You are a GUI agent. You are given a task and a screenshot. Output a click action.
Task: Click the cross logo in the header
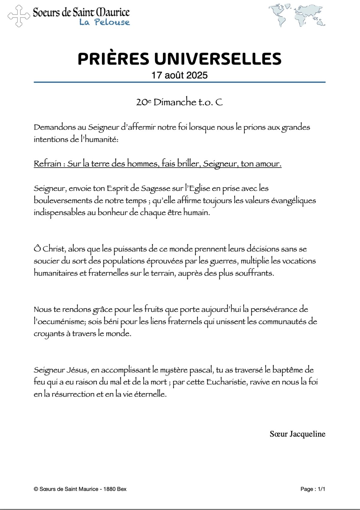[x=19, y=16]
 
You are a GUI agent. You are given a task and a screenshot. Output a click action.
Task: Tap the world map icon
[x=297, y=16]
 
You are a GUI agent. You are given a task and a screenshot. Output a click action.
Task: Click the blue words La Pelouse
[x=104, y=22]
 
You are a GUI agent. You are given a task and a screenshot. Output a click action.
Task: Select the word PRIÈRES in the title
[x=113, y=59]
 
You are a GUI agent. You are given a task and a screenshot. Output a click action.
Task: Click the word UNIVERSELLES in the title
[x=218, y=59]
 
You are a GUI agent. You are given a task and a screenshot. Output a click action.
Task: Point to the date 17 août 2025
[x=179, y=75]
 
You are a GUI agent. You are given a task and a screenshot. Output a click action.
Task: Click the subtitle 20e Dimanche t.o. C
[x=179, y=102]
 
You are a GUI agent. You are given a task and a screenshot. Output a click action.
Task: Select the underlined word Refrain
[x=48, y=164]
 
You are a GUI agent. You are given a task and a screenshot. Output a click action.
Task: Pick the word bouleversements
[x=65, y=201]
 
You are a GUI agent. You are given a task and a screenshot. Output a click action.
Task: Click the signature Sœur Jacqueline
[x=297, y=434]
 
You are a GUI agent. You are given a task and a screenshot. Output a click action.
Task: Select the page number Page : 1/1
[x=313, y=489]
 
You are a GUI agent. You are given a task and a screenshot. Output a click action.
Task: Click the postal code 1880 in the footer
[x=109, y=489]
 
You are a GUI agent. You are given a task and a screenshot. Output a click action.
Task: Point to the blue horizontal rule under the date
[x=179, y=82]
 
